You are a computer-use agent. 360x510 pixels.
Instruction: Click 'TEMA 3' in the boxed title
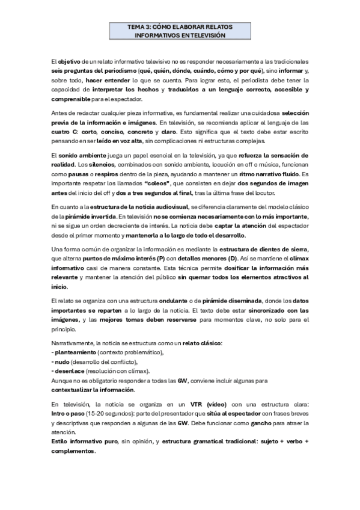pyautogui.click(x=140, y=28)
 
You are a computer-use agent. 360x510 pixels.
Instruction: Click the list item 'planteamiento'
pyautogui.click(x=76, y=351)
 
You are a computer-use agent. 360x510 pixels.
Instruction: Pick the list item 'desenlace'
pyautogui.click(x=70, y=372)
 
